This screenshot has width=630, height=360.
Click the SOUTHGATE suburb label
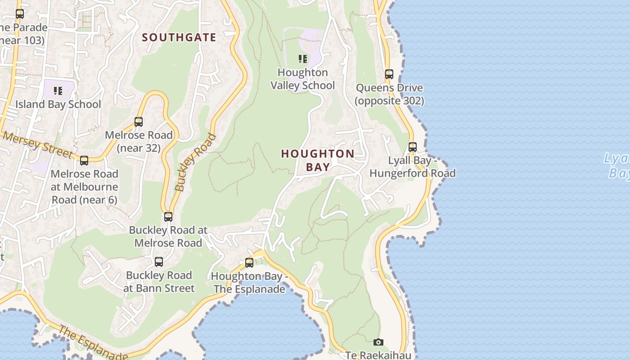coord(179,37)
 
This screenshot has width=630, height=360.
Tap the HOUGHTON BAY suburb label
coord(318,160)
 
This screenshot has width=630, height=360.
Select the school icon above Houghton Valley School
coord(303,59)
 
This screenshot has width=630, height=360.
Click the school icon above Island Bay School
coord(58,91)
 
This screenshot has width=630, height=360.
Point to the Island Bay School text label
coord(58,104)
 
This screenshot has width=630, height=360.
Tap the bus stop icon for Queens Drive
coord(389,74)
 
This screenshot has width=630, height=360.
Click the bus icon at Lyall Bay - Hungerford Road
coord(413,147)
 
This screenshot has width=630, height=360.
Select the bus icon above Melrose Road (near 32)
coord(139,122)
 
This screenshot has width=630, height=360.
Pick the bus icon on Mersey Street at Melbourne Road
coord(84,161)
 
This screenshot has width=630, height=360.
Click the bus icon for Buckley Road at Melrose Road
coord(168,217)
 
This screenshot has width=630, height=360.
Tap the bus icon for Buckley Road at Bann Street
coord(159,262)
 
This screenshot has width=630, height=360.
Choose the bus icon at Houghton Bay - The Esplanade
coord(249,263)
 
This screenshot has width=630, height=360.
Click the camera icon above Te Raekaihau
coord(378,342)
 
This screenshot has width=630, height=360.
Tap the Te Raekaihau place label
coord(378,355)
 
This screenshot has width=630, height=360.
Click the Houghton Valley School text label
coord(303,79)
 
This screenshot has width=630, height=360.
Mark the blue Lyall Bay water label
coord(617,166)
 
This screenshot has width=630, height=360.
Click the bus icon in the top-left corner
coord(20,14)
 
